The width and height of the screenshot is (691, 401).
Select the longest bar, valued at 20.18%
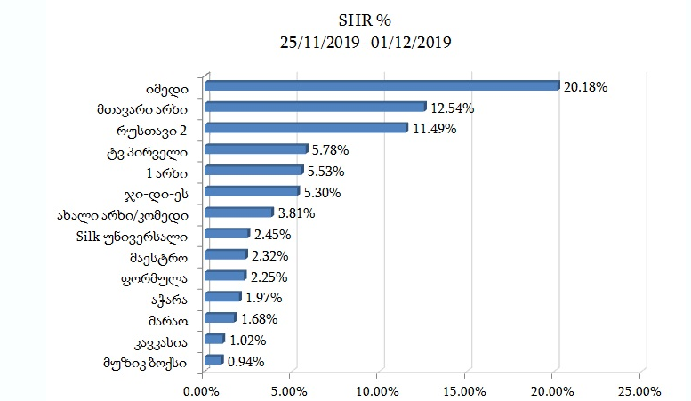(382, 86)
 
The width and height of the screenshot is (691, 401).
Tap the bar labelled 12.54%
(315, 108)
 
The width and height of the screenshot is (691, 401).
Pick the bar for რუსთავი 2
(306, 129)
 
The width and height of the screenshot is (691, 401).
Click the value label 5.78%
(330, 150)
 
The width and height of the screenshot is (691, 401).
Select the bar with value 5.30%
(251, 191)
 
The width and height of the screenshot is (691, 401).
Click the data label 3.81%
(295, 213)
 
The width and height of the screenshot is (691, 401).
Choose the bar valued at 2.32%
(225, 254)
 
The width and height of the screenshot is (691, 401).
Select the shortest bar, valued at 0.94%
(213, 360)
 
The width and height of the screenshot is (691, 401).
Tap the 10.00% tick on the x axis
(377, 389)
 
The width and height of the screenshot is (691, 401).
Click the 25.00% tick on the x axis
(639, 389)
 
